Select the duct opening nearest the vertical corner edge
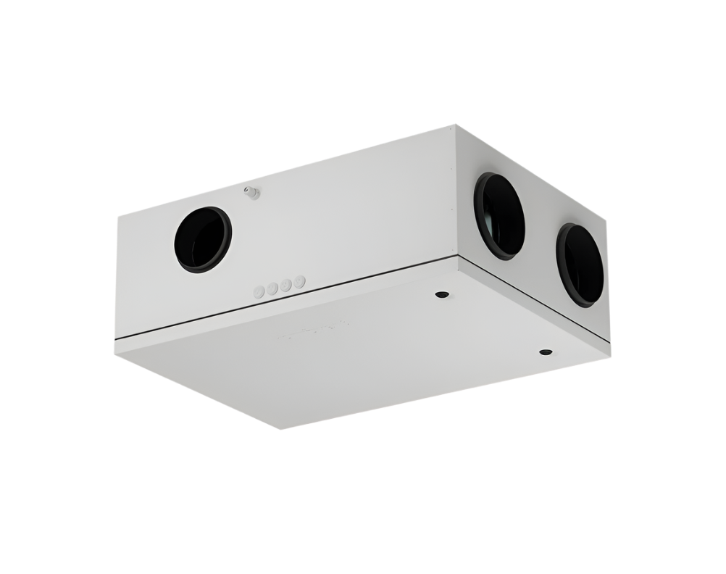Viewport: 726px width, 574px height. pos(500,215)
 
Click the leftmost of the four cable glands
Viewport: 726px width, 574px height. pos(259,291)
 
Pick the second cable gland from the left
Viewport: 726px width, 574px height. pos(272,288)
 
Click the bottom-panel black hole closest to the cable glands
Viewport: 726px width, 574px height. pos(440,295)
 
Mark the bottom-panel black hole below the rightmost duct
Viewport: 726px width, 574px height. pos(545,353)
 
